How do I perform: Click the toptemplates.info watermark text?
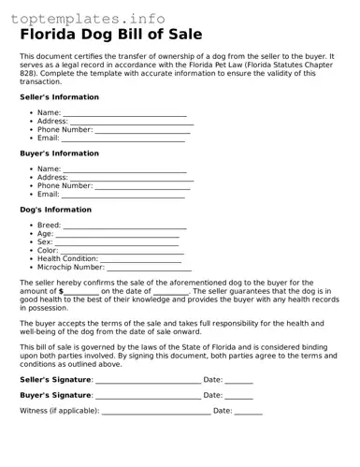coord(88,18)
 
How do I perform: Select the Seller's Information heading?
coord(59,97)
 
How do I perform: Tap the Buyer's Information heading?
coord(59,153)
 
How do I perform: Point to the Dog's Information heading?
coord(56,210)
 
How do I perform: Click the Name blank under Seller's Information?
coord(125,115)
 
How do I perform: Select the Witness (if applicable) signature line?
coord(156,413)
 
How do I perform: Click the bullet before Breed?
coord(32,226)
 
